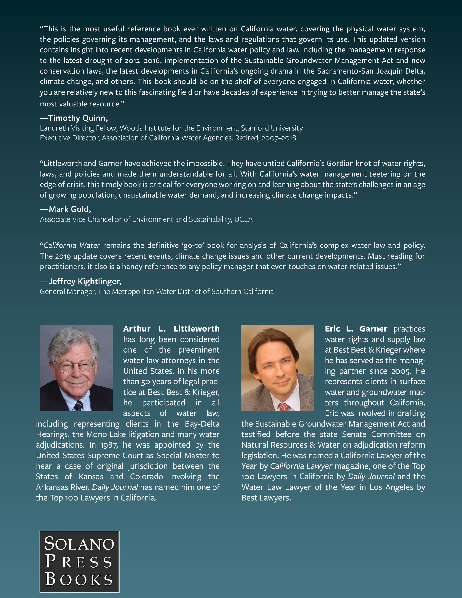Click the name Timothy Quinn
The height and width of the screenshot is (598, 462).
(78, 118)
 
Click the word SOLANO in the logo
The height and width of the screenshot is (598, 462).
(79, 544)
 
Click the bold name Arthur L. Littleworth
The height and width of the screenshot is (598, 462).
(171, 329)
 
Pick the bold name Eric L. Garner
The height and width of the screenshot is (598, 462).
(356, 329)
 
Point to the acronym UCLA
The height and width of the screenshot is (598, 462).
(243, 219)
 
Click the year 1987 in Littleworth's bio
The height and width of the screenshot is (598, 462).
(109, 445)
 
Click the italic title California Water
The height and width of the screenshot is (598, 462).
(72, 245)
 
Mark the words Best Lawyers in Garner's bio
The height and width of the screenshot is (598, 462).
(266, 498)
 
